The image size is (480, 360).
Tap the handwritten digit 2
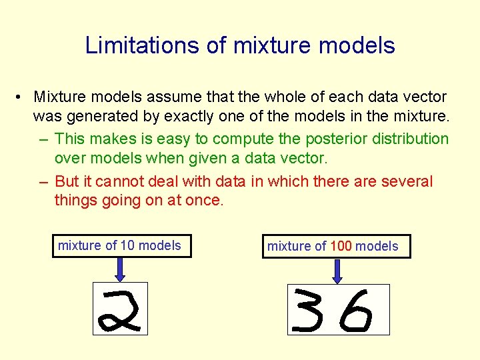pyautogui.click(x=120, y=309)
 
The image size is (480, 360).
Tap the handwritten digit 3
pyautogui.click(x=314, y=310)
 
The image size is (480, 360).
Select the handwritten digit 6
pyautogui.click(x=355, y=310)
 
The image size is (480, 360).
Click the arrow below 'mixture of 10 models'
pyautogui.click(x=120, y=269)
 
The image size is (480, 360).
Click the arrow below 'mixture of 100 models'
pyautogui.click(x=337, y=270)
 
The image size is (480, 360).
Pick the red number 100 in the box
pyautogui.click(x=341, y=246)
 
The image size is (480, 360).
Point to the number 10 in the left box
pyautogui.click(x=127, y=245)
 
